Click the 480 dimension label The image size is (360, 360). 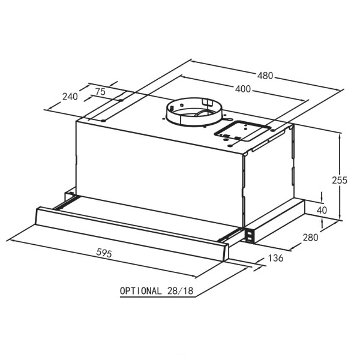265,76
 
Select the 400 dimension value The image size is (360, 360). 242,89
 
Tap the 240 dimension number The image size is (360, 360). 70,97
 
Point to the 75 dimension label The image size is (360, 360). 100,92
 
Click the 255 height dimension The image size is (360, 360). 340,180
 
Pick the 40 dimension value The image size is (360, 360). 322,210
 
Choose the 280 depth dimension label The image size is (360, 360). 310,238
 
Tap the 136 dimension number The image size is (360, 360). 275,258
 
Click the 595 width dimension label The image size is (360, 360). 104,253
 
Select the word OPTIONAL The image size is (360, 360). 140,291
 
